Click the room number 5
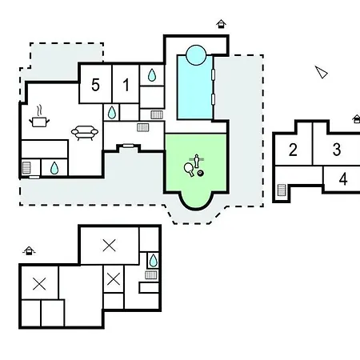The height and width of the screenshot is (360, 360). (x=95, y=85)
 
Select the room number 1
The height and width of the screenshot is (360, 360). (x=126, y=85)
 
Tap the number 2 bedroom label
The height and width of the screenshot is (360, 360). (x=293, y=150)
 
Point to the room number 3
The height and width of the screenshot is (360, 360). (x=337, y=150)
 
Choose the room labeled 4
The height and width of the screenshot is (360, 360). (x=343, y=179)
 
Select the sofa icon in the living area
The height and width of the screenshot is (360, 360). (x=85, y=133)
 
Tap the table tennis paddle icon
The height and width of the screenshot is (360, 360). (x=189, y=170)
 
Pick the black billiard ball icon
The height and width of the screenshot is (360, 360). (x=201, y=174)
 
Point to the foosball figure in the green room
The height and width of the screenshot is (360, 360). (x=197, y=161)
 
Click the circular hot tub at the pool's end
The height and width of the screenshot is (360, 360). (x=196, y=55)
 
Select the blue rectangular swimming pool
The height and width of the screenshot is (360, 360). (x=195, y=87)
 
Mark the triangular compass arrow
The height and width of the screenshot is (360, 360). (x=322, y=72)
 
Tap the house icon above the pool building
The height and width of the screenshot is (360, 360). (x=221, y=24)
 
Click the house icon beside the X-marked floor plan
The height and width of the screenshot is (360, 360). (x=29, y=251)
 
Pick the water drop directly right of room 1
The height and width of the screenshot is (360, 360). (x=152, y=75)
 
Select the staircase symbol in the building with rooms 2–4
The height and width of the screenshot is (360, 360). (x=282, y=190)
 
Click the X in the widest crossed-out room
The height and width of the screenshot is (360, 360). (x=109, y=246)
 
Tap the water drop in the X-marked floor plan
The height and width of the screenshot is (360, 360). (x=153, y=261)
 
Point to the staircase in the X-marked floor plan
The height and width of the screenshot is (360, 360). (x=151, y=275)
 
